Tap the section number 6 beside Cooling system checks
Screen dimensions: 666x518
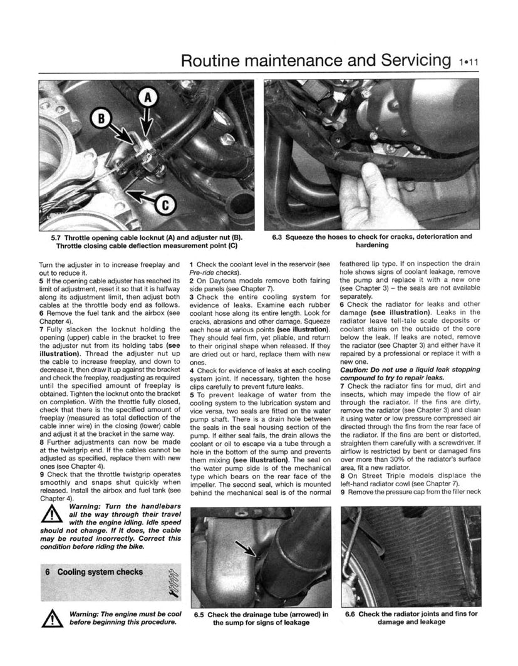coord(48,572)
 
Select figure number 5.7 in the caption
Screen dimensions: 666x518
coord(60,238)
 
